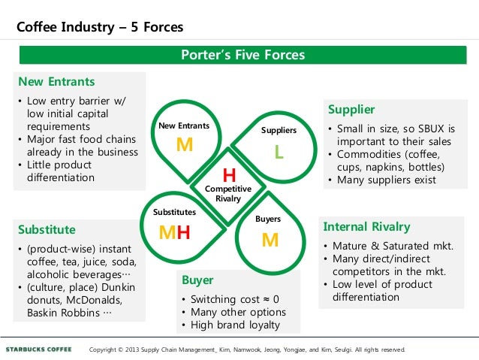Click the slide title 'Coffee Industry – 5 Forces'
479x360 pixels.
coord(100,28)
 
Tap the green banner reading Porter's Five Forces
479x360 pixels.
coord(243,55)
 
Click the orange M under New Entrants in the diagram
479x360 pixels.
coord(184,145)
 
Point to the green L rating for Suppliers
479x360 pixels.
coord(279,152)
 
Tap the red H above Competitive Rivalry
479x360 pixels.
coord(229,175)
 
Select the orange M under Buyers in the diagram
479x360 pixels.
coord(270,240)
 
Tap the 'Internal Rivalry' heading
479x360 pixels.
coord(366,227)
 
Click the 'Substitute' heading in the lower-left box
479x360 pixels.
coord(47,228)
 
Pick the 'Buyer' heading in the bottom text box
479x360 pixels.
coord(197,280)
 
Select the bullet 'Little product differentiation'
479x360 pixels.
coord(59,171)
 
